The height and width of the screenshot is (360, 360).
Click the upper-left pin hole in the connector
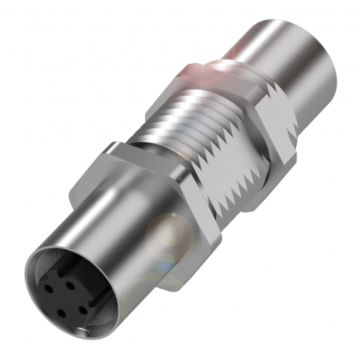pos(50,287)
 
